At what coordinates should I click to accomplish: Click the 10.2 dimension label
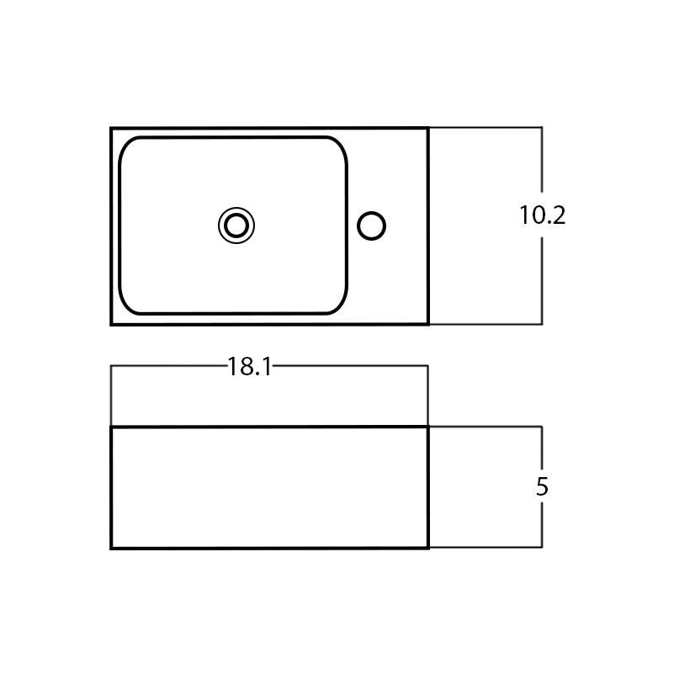point(542,215)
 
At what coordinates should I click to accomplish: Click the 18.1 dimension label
point(249,367)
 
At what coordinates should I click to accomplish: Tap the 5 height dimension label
point(542,487)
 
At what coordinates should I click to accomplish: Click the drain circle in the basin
point(236,226)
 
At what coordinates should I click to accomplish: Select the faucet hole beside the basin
point(371,226)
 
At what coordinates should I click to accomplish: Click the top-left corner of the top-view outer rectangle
point(112,129)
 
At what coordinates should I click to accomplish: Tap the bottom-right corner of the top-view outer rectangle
point(428,324)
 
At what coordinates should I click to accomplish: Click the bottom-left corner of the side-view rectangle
point(112,548)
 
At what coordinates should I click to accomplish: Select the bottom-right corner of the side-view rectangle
point(428,548)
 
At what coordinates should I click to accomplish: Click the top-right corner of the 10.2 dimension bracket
point(541,128)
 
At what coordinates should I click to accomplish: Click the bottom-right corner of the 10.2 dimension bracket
point(541,324)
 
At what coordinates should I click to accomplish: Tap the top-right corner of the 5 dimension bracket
point(541,427)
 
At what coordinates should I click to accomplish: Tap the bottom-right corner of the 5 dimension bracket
point(541,547)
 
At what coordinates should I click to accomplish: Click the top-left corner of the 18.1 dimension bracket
point(112,366)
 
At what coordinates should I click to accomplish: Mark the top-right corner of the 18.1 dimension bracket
point(427,366)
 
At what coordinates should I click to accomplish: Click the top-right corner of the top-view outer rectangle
point(428,129)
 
